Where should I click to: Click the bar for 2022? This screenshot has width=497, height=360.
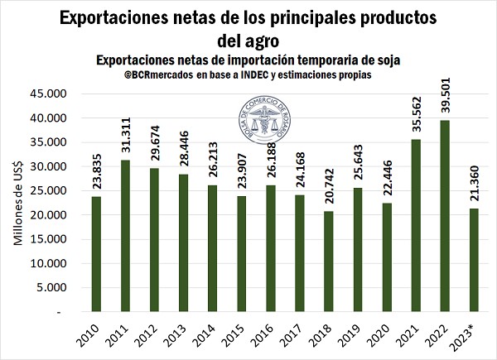point(445,217)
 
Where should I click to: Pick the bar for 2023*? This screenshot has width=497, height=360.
point(473,261)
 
